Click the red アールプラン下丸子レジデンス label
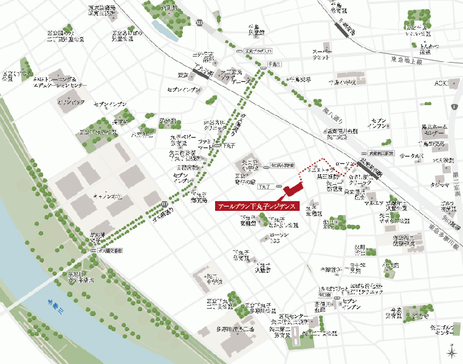(256, 206)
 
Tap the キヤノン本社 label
(108, 197)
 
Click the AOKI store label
(442, 83)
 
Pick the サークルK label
(411, 156)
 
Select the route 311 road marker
(200, 22)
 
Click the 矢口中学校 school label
(213, 279)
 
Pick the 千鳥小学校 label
(343, 82)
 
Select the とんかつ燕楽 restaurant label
(430, 49)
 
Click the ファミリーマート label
(209, 143)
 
